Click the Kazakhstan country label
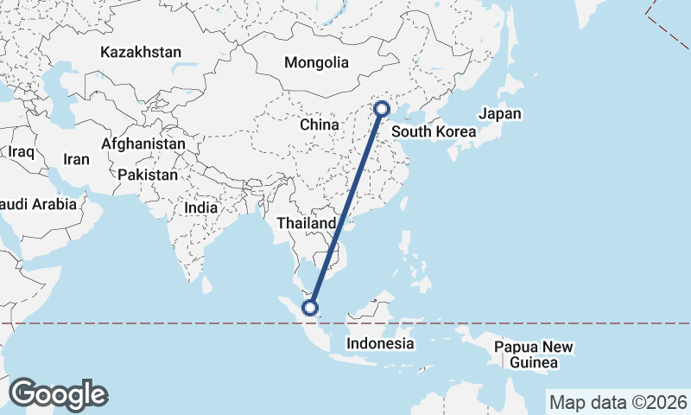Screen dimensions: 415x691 click(x=141, y=53)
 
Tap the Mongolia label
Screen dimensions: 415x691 click(x=317, y=63)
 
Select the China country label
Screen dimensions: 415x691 click(x=320, y=125)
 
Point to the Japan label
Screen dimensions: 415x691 click(x=500, y=114)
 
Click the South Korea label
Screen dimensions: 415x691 click(x=434, y=132)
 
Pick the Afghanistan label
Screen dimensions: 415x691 click(x=143, y=144)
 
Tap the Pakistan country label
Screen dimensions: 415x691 click(x=148, y=175)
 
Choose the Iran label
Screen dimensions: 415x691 click(x=76, y=160)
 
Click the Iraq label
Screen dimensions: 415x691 click(x=21, y=152)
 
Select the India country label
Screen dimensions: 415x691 click(x=201, y=208)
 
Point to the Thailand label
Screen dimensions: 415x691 click(x=306, y=224)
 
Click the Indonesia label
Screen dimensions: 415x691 click(x=380, y=344)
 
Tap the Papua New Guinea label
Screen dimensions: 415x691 click(x=533, y=355)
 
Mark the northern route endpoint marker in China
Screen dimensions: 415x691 click(x=381, y=109)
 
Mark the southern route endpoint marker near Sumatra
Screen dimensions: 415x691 click(x=310, y=307)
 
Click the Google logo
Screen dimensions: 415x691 click(x=58, y=394)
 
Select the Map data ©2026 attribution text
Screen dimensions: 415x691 click(x=618, y=402)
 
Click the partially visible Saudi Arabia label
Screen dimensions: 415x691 click(x=39, y=205)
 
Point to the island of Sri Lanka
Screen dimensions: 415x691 click(x=206, y=283)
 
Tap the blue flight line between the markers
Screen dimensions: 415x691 click(x=345, y=207)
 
